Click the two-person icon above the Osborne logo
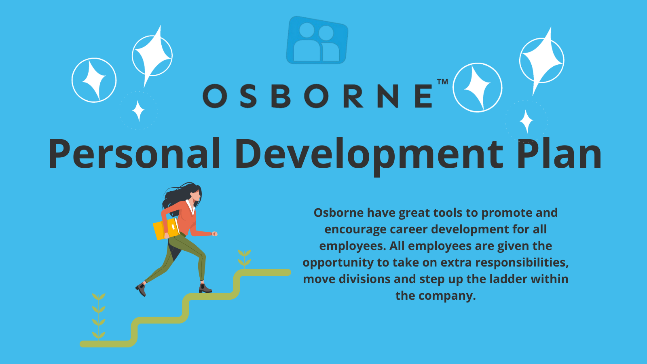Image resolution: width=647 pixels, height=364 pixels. (x=317, y=40)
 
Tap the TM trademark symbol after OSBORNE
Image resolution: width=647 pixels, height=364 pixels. (x=442, y=82)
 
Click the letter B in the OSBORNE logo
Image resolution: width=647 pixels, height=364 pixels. (x=281, y=96)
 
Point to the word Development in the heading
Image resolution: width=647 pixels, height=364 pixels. (x=370, y=156)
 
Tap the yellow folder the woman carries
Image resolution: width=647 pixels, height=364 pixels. (x=166, y=229)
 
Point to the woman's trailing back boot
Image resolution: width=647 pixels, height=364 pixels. (x=141, y=290)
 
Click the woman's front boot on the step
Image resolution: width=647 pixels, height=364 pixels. (x=205, y=288)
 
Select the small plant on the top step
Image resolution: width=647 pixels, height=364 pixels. (x=244, y=259)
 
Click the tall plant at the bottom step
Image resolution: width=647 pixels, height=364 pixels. (x=99, y=317)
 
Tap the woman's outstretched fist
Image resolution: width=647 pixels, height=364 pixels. (x=215, y=234)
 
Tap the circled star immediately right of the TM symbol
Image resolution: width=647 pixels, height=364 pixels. (x=478, y=87)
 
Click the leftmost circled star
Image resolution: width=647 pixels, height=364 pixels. (x=94, y=80)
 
